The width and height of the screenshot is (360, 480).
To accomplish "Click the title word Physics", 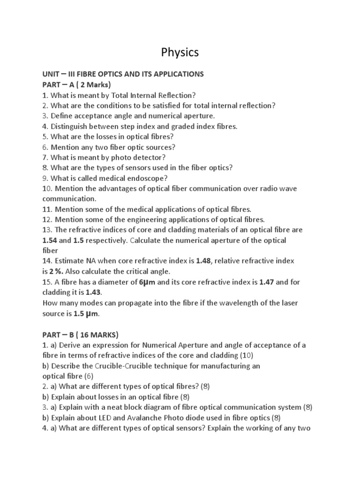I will click(x=180, y=52).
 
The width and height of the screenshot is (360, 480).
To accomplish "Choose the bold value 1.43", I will click(x=93, y=292).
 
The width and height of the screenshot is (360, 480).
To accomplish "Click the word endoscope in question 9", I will click(x=145, y=178).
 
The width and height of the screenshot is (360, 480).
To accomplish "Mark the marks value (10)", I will click(x=246, y=355).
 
